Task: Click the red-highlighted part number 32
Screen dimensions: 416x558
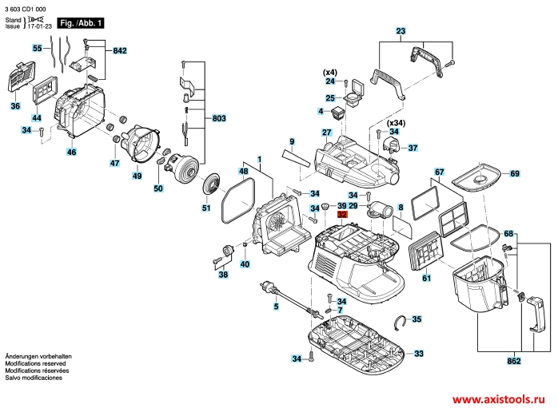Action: click(x=342, y=215)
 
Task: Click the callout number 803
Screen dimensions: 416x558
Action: click(x=219, y=118)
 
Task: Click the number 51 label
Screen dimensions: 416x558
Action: click(x=205, y=208)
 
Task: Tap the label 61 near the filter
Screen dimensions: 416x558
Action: click(x=426, y=279)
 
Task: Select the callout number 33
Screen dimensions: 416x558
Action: click(x=419, y=353)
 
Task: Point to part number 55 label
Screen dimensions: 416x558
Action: click(x=37, y=49)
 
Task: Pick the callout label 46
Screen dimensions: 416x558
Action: click(x=72, y=152)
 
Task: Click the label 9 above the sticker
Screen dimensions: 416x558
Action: click(x=293, y=141)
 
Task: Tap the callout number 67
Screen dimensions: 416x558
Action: click(x=439, y=172)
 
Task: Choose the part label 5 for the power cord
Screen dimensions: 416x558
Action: click(x=276, y=307)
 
